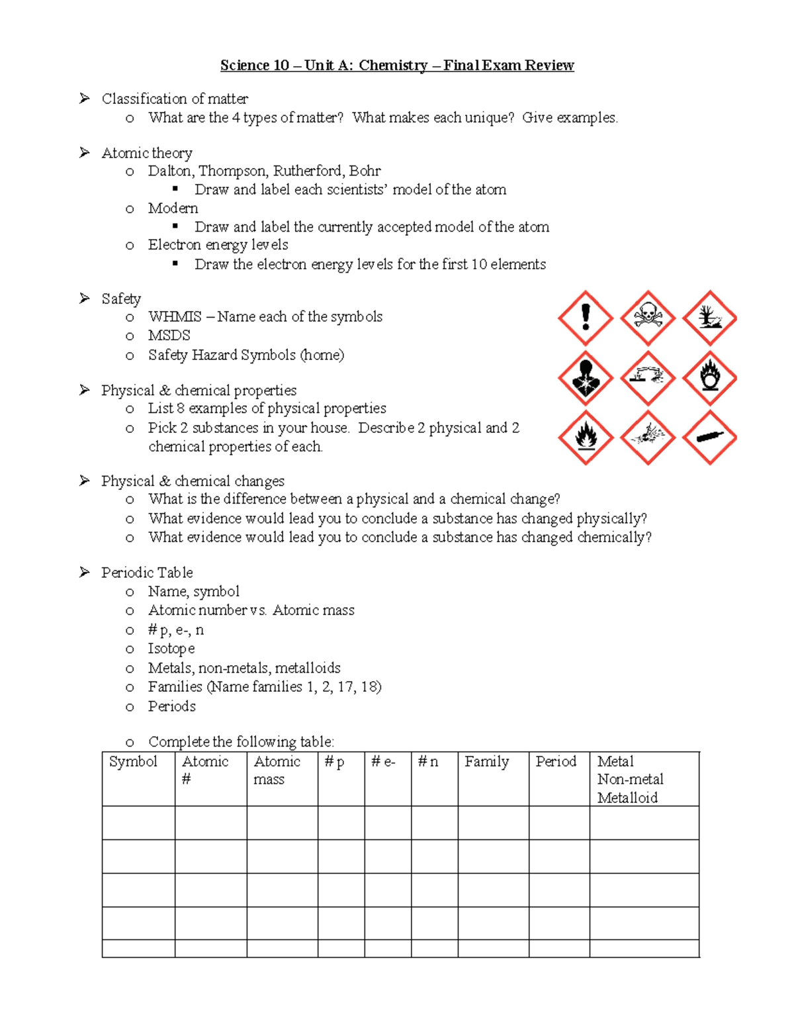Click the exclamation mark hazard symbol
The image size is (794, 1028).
[585, 318]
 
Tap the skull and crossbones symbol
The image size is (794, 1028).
[647, 318]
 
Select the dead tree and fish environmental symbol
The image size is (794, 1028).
[709, 318]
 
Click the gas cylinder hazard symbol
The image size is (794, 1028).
[709, 438]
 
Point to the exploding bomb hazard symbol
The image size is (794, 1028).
[647, 438]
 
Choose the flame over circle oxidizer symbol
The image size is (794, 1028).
[709, 378]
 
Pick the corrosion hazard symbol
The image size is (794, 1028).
[647, 378]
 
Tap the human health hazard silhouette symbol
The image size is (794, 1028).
[585, 378]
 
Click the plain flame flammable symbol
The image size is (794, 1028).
[585, 438]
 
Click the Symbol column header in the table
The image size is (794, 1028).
[133, 762]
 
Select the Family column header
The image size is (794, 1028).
[486, 762]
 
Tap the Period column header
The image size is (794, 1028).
[556, 762]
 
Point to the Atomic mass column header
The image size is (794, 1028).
[277, 771]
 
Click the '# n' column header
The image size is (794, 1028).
[427, 762]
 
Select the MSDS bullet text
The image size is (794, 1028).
[169, 336]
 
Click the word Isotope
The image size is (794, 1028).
[171, 649]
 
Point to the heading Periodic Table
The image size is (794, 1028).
[147, 573]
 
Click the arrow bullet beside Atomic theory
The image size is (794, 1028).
[85, 153]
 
